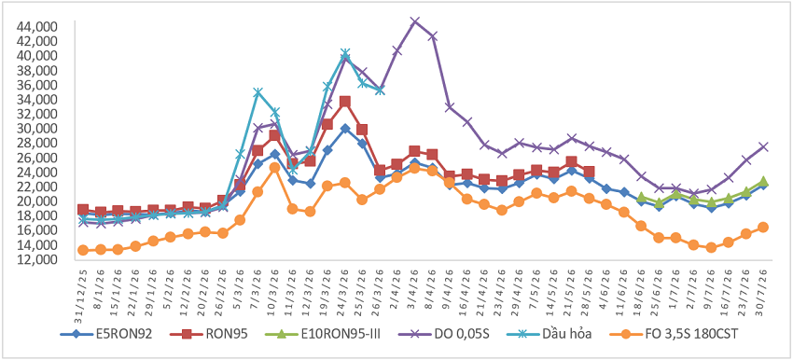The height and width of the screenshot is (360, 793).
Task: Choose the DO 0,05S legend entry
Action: (445, 334)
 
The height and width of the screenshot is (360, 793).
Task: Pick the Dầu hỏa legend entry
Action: (551, 334)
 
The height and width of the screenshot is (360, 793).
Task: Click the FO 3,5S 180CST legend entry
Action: (671, 334)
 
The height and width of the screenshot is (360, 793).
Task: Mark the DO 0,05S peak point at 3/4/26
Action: (415, 21)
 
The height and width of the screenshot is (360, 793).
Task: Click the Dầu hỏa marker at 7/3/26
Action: (257, 92)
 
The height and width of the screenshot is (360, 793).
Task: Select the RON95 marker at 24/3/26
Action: (345, 102)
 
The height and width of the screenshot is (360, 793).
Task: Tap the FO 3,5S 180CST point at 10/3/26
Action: (274, 167)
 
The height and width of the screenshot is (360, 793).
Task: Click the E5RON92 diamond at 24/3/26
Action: (345, 129)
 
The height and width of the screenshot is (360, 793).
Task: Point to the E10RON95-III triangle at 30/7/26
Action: (763, 181)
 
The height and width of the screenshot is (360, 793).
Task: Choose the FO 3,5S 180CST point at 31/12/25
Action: (83, 250)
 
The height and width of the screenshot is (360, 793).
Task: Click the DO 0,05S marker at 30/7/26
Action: (763, 146)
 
